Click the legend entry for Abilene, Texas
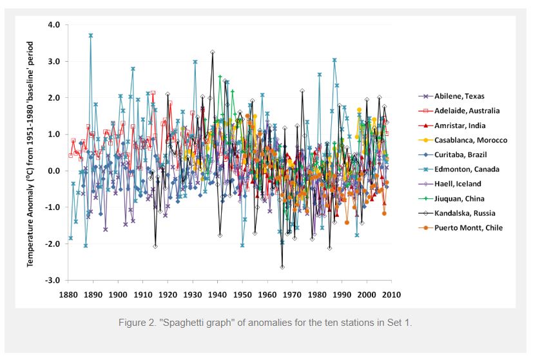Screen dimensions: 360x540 (x=462, y=96)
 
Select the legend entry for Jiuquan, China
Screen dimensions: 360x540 (x=459, y=199)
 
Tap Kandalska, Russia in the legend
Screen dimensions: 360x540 (x=466, y=213)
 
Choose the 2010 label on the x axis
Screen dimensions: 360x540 (x=391, y=294)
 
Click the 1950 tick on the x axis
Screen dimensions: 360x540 (x=242, y=294)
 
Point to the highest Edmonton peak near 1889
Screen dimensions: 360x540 (x=91, y=35)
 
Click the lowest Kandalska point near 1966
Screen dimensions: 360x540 (x=282, y=267)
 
